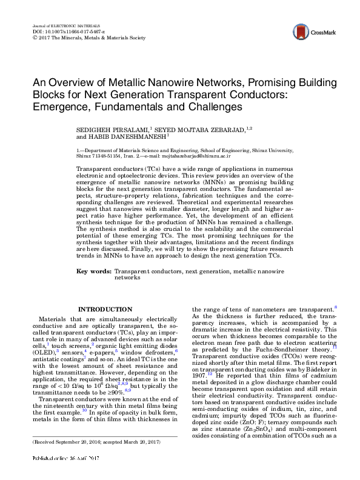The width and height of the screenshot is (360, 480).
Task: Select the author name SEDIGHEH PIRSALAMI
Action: (x=108, y=130)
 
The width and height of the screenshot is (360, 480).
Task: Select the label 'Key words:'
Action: (x=95, y=271)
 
